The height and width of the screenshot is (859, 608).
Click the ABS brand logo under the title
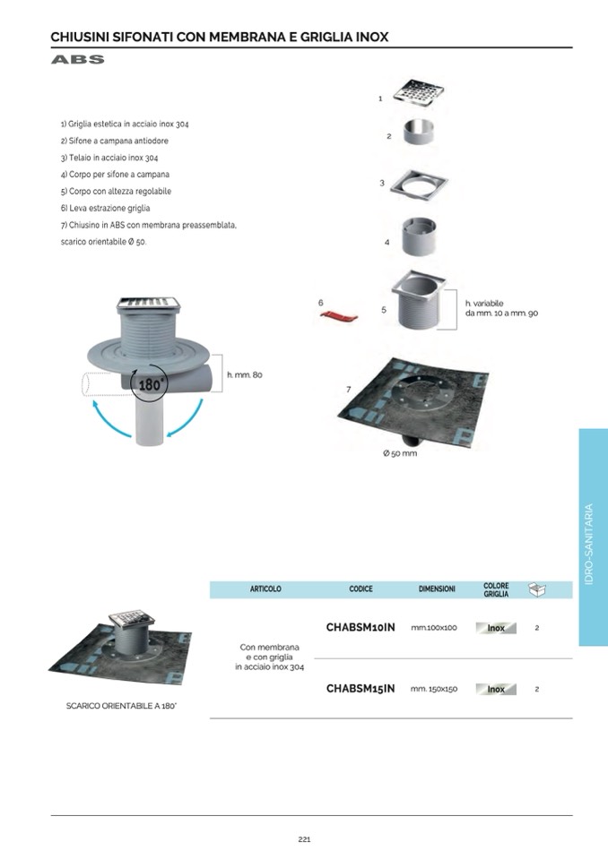coord(77,59)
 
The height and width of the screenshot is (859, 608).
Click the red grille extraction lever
coord(339,315)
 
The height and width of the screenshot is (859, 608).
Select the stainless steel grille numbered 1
coord(418,94)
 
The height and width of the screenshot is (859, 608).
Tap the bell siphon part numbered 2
coord(420,131)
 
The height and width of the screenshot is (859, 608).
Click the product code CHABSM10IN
coord(360,627)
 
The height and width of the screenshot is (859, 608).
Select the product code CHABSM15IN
coord(360,689)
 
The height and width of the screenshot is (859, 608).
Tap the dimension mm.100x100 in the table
coord(434,628)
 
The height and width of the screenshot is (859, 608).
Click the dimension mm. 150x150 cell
coord(434,689)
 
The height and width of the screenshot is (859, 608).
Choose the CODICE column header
coord(360,588)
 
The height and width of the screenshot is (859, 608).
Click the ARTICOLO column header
coord(265,588)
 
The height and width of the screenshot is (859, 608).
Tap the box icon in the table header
coord(537,589)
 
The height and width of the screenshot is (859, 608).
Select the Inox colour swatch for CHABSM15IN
coord(496,689)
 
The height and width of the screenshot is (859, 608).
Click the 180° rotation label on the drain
coord(149,384)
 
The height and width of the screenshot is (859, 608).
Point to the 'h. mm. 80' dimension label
coord(245,374)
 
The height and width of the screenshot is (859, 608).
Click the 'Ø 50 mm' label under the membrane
coord(400,453)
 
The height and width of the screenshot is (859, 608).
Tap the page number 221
coord(304,839)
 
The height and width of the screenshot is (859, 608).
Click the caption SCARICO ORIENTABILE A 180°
coord(121,706)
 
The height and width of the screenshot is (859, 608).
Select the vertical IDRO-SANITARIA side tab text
coord(589,544)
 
